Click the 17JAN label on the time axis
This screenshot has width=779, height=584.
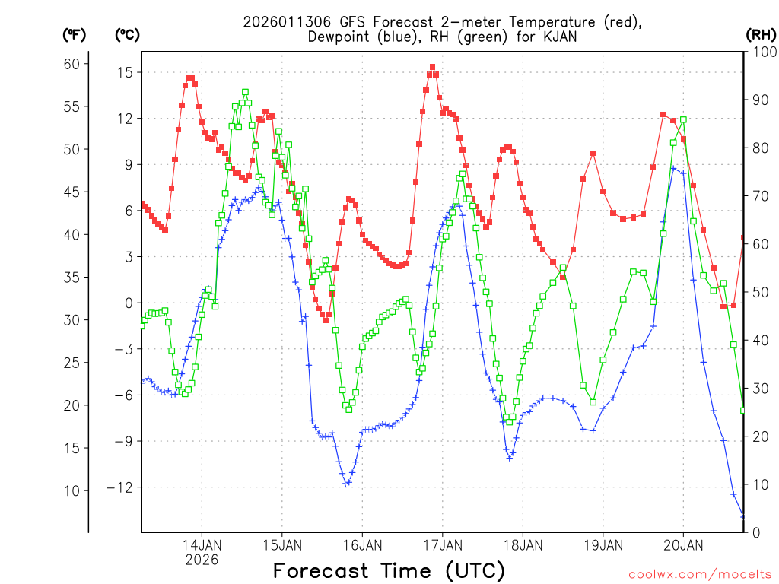tap(442, 545)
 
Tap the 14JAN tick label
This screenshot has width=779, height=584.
tap(202, 545)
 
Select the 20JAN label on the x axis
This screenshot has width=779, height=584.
tap(682, 545)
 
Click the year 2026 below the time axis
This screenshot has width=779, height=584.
tap(202, 560)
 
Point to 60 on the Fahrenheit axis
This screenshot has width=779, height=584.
tap(72, 64)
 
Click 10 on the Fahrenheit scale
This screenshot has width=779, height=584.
tap(72, 490)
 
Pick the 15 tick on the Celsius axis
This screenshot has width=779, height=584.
tap(124, 72)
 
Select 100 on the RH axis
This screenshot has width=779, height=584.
tap(762, 52)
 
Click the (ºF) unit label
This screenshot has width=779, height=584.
tap(74, 34)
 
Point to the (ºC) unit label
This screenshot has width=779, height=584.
tap(127, 34)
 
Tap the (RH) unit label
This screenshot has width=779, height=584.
tap(760, 34)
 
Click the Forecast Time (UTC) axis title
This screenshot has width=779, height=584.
tap(389, 570)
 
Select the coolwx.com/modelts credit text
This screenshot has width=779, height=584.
tap(699, 573)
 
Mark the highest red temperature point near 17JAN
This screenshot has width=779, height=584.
tap(432, 67)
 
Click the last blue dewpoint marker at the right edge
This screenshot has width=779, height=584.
tap(743, 516)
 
